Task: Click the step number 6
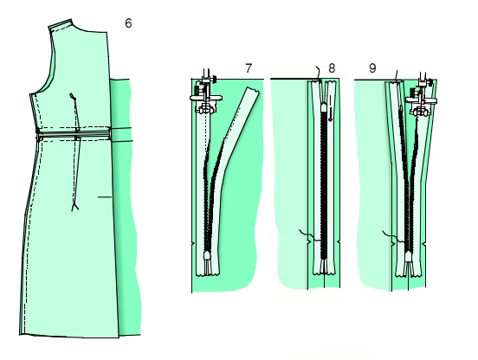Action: tap(128, 23)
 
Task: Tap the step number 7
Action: tap(249, 68)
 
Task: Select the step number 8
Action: tap(332, 68)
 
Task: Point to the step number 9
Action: tap(372, 68)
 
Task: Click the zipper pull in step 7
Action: tap(208, 257)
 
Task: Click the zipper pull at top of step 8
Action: tap(324, 108)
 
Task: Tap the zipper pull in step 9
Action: tap(409, 256)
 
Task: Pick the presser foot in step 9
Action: tap(422, 98)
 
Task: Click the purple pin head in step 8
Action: tap(330, 119)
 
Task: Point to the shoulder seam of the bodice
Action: tap(61, 25)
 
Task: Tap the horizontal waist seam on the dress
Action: tap(73, 133)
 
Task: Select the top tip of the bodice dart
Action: tap(72, 94)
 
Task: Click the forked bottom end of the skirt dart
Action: tap(74, 207)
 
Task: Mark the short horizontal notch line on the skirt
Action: tap(105, 197)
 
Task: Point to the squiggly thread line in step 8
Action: tap(310, 235)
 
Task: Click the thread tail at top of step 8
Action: tap(319, 73)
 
